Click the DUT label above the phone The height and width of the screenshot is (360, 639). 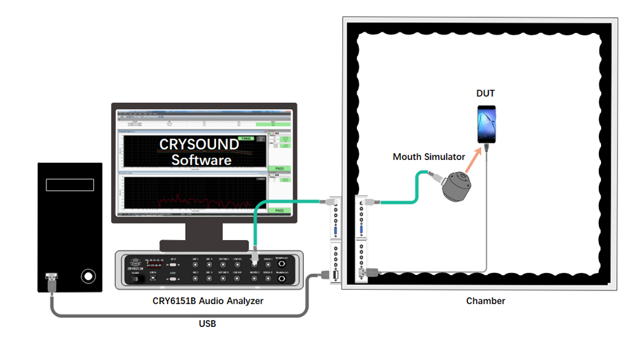click(x=485, y=93)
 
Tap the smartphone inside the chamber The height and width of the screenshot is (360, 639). click(x=486, y=123)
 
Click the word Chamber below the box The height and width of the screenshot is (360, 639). click(x=485, y=301)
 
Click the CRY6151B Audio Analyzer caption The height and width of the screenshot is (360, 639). click(x=208, y=301)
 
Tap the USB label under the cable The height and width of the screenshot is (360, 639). click(x=207, y=323)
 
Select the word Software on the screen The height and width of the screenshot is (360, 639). click(x=201, y=160)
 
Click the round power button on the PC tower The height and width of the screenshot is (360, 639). click(x=88, y=277)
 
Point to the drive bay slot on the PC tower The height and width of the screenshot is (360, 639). click(x=70, y=185)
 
